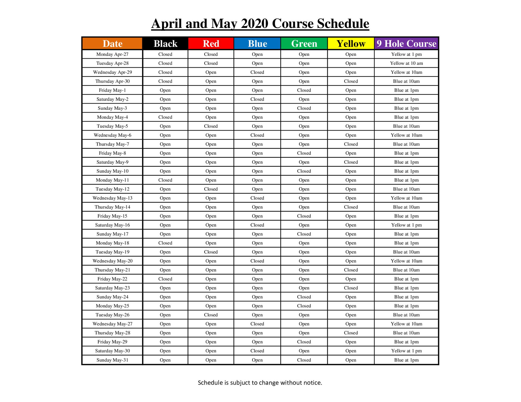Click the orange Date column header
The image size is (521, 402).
click(x=112, y=44)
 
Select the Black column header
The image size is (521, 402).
click(x=165, y=44)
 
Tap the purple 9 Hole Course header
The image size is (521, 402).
click(x=406, y=44)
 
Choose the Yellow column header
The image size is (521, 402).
click(x=351, y=44)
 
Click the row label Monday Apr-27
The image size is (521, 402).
click(x=112, y=54)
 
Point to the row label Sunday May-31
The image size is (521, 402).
click(x=112, y=360)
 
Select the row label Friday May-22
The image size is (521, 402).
click(x=112, y=279)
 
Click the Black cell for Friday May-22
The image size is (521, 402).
click(x=165, y=279)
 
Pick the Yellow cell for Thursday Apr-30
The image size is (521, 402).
click(x=351, y=81)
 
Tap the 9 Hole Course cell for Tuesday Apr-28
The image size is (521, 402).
click(x=406, y=63)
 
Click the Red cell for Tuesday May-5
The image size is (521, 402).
click(x=211, y=126)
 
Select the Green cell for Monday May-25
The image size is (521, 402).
click(x=304, y=306)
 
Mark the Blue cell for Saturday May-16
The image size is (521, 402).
click(x=257, y=225)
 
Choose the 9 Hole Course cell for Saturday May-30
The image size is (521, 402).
click(x=406, y=351)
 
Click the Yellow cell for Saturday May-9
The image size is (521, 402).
click(x=351, y=162)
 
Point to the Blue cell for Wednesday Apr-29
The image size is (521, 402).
click(x=257, y=72)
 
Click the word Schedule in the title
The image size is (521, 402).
click(x=343, y=24)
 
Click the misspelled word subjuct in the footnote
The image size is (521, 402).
click(x=240, y=383)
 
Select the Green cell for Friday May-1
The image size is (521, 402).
click(x=304, y=90)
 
